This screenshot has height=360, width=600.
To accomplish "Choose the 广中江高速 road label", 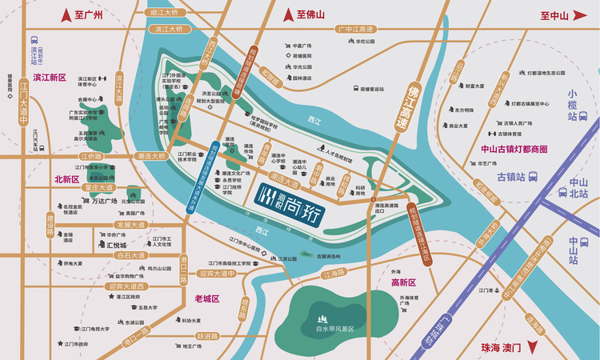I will coord(356,29).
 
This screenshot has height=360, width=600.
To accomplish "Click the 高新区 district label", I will coord(404,282).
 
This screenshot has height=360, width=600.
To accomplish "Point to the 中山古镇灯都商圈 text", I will coord(513,149).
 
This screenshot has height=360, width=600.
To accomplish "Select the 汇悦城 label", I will coord(116,245).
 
